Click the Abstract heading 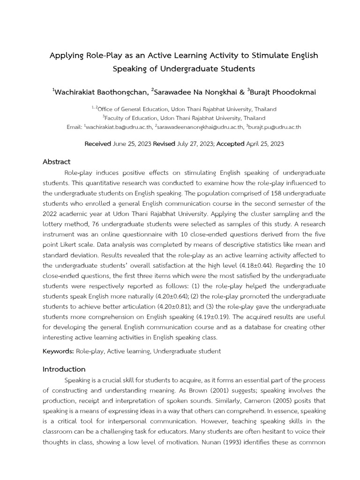pos(56,162)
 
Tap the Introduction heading pos(64,369)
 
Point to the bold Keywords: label pos(58,351)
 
